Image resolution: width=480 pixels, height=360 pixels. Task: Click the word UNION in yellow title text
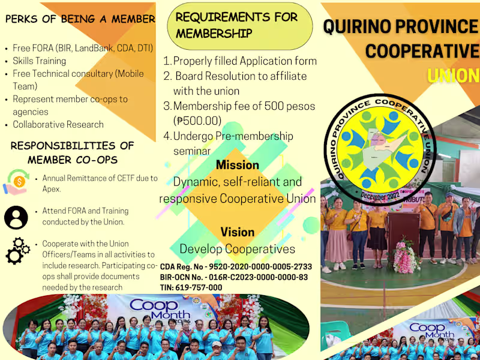coord(453,76)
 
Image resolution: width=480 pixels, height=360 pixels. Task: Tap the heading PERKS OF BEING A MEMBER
coord(80,19)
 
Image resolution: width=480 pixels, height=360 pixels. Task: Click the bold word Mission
coord(238,165)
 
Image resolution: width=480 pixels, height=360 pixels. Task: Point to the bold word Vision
coord(238,232)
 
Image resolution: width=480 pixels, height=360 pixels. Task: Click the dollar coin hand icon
coord(16,181)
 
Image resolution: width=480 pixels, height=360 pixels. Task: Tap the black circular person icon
coord(16,217)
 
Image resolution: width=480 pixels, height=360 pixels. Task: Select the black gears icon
coord(17,251)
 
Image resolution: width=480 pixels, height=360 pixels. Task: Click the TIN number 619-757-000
coord(191,287)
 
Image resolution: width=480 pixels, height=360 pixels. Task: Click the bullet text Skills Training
coord(40,61)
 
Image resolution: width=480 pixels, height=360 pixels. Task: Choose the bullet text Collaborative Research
coord(58,125)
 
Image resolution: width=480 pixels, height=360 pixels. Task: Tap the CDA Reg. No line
coord(236,266)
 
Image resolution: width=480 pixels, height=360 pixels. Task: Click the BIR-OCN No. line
coord(234,277)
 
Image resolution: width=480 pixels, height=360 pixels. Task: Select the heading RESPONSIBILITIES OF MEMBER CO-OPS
coord(73,152)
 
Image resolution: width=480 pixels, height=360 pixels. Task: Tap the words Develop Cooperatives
coord(238,248)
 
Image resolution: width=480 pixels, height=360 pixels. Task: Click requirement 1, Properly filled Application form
coord(240,61)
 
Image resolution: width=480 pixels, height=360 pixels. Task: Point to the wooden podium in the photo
coord(403,228)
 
